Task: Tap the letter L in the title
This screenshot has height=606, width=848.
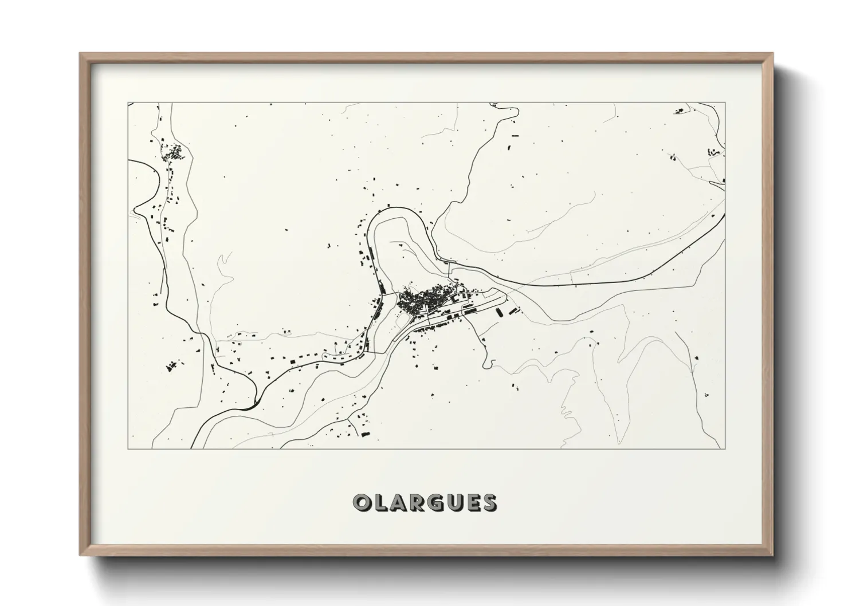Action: (x=380, y=503)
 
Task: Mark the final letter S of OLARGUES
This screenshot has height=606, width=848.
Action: (x=489, y=503)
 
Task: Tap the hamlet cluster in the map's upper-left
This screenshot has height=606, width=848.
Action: (x=174, y=153)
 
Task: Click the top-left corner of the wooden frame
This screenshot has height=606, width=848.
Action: (x=80, y=54)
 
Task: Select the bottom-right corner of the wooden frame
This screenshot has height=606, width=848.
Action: (x=772, y=556)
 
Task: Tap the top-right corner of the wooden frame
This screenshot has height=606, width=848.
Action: (x=772, y=54)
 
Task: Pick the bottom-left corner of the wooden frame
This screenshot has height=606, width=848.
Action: (x=80, y=556)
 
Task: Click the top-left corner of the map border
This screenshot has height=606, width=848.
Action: (x=128, y=103)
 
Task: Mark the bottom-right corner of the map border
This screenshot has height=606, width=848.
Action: (x=725, y=448)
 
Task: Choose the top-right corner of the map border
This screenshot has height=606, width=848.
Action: (x=725, y=103)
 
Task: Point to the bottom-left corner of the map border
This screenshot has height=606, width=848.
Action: (x=128, y=448)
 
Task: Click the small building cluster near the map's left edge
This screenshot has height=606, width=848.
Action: (x=170, y=365)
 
